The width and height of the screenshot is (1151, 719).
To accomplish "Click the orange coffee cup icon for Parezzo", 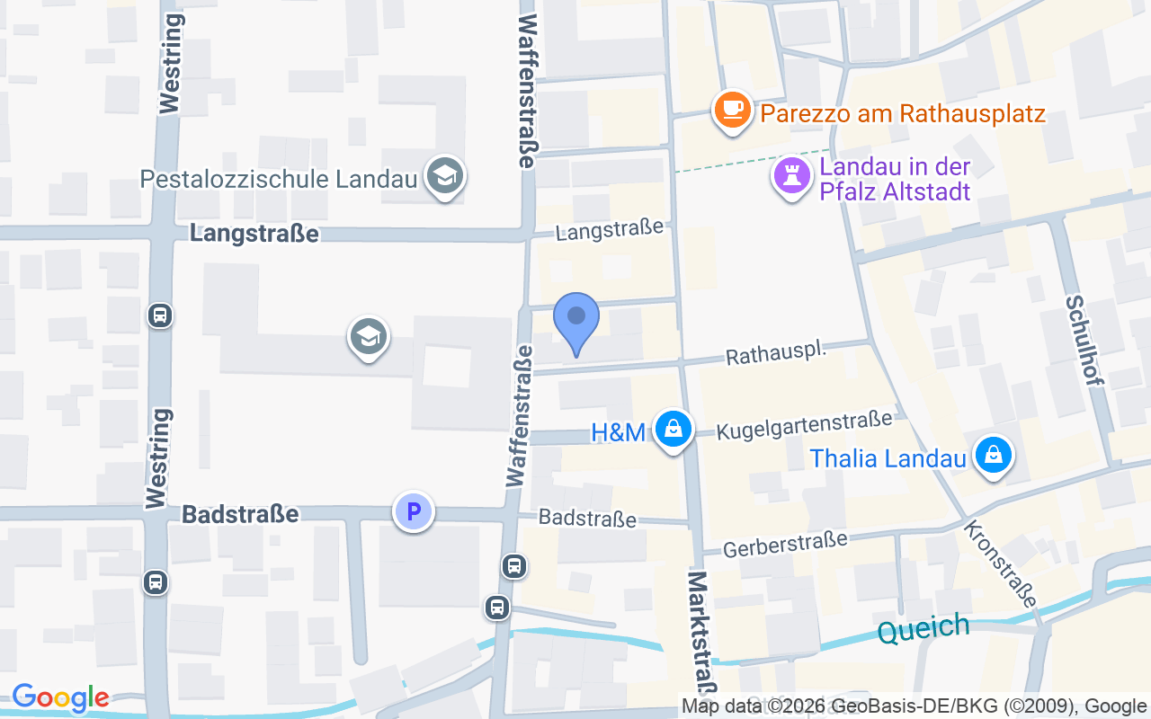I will click(x=733, y=110).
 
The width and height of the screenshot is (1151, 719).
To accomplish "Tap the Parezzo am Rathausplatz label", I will click(x=902, y=114).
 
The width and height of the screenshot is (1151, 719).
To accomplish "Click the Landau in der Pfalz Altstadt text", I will click(x=895, y=179).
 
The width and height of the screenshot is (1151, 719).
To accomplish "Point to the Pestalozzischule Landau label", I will click(x=279, y=178).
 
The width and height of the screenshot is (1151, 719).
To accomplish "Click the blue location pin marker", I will click(x=575, y=320).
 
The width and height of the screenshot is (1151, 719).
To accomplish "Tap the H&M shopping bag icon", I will click(x=673, y=429).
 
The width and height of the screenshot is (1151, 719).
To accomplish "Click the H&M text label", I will click(x=618, y=432).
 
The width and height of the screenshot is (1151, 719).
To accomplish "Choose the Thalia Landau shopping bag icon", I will click(x=993, y=455).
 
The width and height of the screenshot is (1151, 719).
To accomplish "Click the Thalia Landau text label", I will click(x=888, y=458).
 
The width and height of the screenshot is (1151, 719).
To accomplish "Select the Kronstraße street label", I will click(x=1000, y=563).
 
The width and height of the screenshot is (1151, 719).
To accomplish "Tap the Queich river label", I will click(x=923, y=628).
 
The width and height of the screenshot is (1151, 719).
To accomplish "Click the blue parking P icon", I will click(x=414, y=512).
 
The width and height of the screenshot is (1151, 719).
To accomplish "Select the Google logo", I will click(x=60, y=697).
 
